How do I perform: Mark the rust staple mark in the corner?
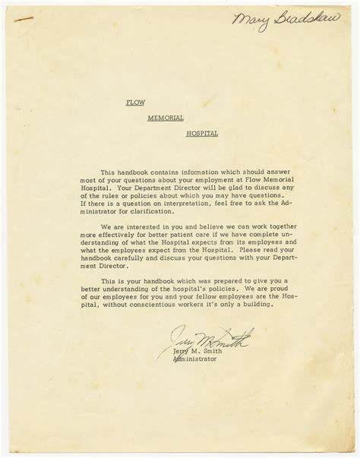tap(24, 28)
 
